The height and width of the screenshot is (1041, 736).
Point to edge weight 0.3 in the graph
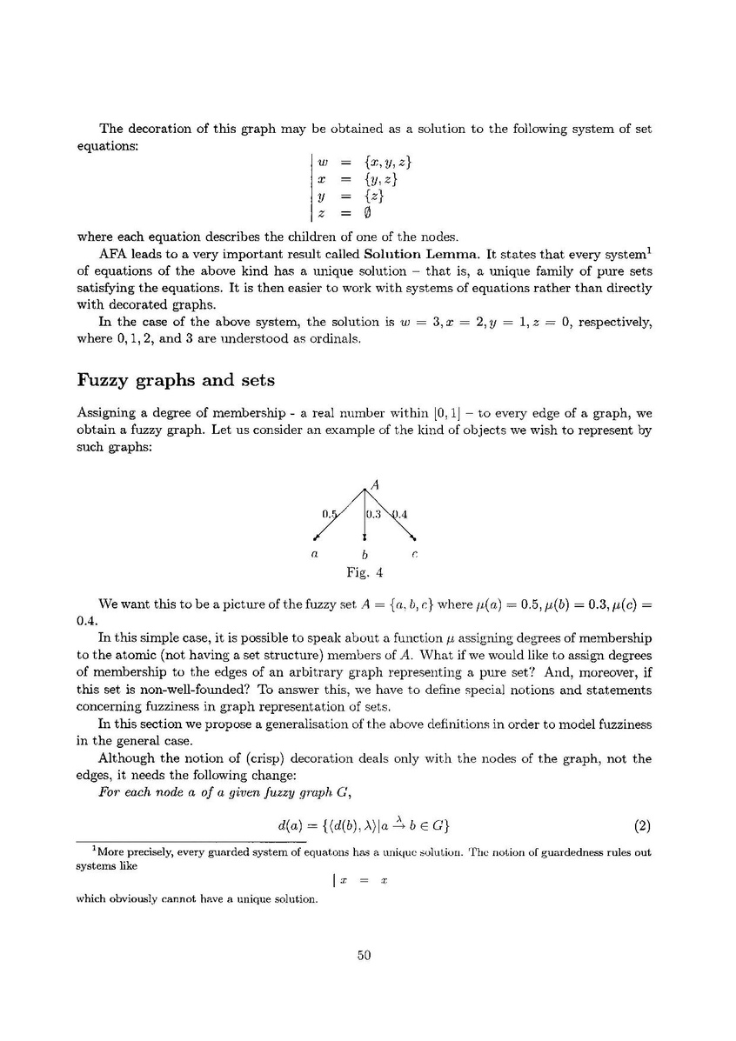373,514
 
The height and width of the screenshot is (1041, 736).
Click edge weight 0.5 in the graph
329,513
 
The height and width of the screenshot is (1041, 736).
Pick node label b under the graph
365,554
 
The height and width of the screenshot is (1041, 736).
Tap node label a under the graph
313,553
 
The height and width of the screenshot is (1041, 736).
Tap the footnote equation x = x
364,879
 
